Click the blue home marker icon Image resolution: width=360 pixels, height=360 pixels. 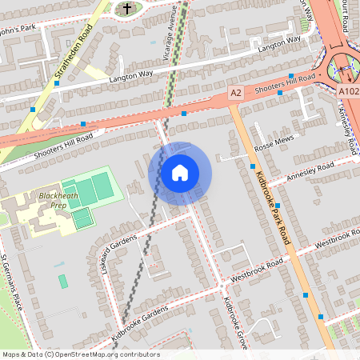point(180,173)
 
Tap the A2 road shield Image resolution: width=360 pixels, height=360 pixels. point(235,94)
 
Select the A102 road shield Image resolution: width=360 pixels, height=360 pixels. point(348,92)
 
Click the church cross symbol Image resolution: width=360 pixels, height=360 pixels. point(126,9)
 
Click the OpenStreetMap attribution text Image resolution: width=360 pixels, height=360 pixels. point(80,354)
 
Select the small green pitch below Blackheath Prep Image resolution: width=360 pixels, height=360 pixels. point(63,281)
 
